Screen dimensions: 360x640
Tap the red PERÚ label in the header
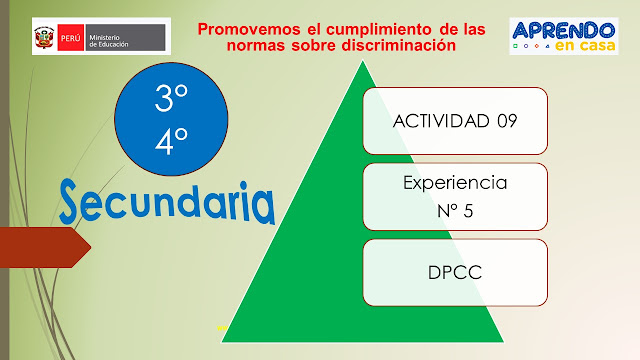point(70,39)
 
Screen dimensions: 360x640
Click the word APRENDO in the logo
point(563,29)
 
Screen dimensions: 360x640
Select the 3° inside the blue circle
point(171,98)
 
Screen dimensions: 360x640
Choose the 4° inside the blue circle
point(171,141)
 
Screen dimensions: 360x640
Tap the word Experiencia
point(454,183)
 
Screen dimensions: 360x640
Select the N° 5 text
point(455,211)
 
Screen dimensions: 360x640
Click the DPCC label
point(455,271)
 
